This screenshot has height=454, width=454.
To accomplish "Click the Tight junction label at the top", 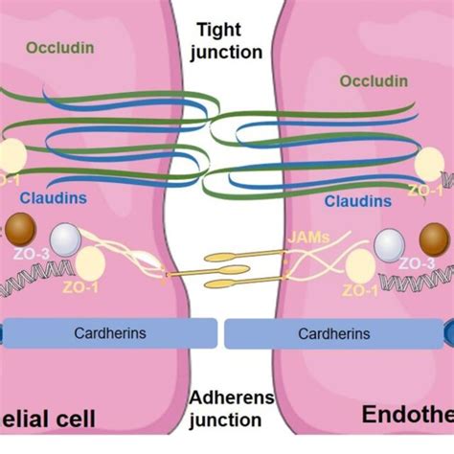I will (227, 41).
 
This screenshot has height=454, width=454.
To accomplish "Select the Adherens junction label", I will (226, 408).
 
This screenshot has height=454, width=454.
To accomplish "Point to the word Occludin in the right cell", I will (375, 81).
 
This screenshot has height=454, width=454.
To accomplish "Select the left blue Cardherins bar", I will (108, 360).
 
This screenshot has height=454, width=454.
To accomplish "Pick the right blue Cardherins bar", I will (335, 360).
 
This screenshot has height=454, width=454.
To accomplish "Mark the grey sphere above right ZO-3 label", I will (392, 245).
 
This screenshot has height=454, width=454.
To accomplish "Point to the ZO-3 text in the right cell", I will (419, 262).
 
